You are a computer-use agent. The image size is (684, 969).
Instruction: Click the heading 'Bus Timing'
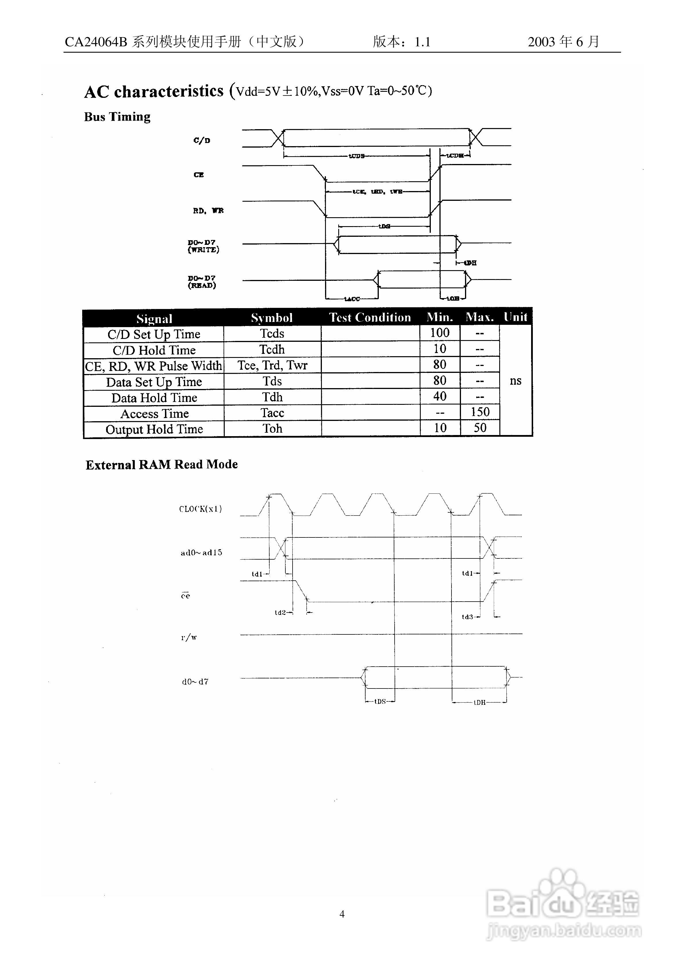tap(117, 117)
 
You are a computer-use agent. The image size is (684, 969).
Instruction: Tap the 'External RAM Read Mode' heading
tap(162, 465)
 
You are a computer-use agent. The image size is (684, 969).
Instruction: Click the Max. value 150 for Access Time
tap(480, 412)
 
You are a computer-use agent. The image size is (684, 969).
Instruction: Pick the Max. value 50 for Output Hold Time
tap(480, 428)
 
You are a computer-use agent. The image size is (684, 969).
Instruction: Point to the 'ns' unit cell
tap(515, 381)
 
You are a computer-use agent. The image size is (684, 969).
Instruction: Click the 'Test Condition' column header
tap(370, 317)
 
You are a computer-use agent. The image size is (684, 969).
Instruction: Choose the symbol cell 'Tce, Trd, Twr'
tap(272, 365)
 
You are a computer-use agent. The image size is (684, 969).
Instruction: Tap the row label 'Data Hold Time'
tap(154, 398)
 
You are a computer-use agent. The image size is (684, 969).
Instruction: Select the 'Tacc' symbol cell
tap(272, 413)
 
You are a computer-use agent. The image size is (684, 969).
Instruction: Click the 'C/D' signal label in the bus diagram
tap(201, 140)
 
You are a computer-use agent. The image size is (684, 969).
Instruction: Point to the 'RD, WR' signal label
tap(208, 211)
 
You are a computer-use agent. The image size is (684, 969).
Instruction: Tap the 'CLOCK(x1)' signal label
tap(200, 509)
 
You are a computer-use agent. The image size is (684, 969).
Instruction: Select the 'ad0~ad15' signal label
tap(201, 552)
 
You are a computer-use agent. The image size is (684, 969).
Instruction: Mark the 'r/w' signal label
tap(189, 637)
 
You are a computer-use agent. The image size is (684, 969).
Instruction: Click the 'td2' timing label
tap(280, 612)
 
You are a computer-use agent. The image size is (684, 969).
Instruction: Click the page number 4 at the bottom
tap(342, 914)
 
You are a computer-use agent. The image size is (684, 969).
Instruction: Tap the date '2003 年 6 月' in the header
tap(563, 41)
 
